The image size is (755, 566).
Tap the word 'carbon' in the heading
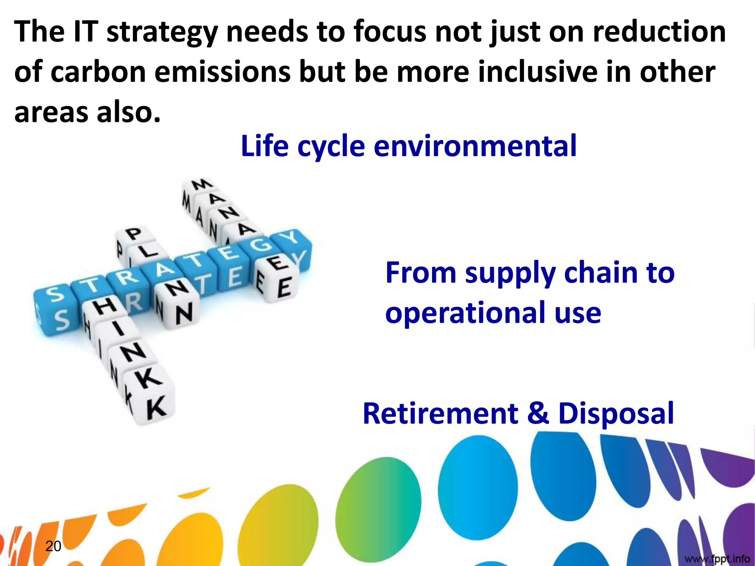[98, 72]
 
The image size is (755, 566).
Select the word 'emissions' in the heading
[222, 72]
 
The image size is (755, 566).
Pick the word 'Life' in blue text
[264, 146]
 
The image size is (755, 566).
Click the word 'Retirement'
[441, 413]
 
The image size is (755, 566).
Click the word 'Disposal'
[616, 413]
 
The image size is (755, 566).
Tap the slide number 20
[53, 546]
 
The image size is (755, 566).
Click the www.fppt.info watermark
[717, 559]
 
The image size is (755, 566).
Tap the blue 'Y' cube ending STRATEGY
[291, 240]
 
